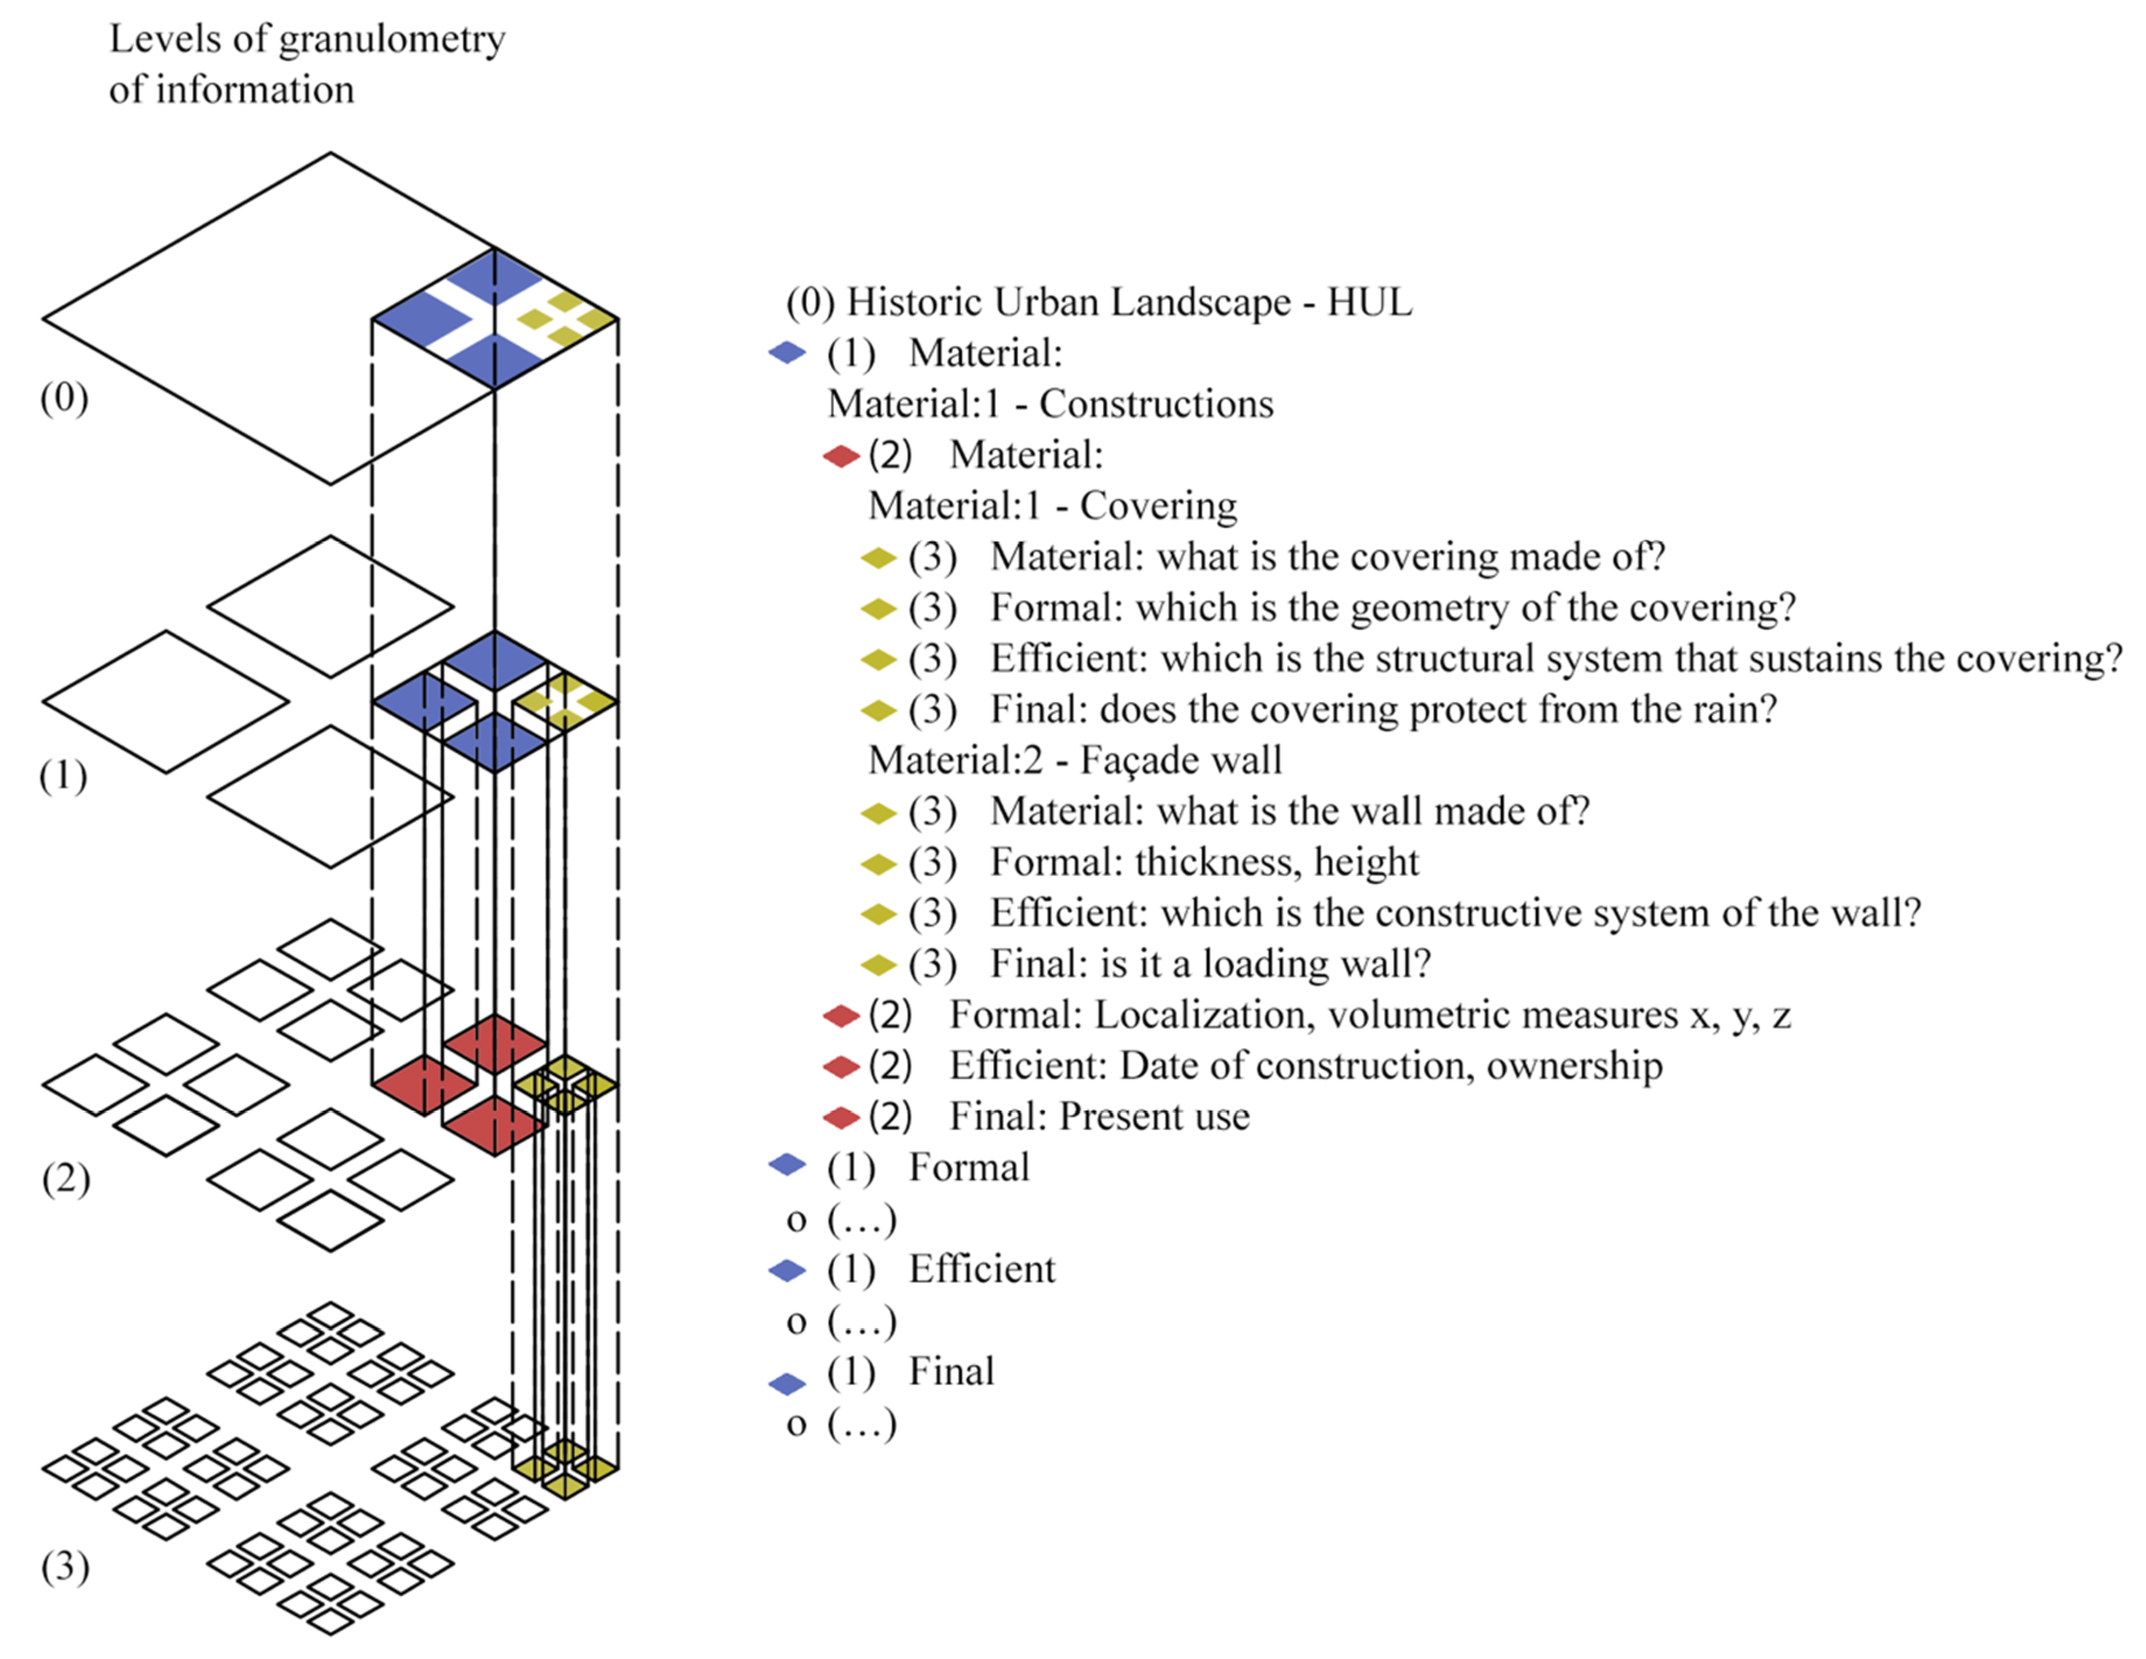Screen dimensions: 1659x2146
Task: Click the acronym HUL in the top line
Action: point(1370,301)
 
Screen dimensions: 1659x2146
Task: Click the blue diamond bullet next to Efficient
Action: point(787,1271)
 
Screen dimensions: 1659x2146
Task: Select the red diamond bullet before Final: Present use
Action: point(841,1117)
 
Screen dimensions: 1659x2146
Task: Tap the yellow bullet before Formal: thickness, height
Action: point(879,864)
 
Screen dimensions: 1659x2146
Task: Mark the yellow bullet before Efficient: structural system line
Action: point(879,660)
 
